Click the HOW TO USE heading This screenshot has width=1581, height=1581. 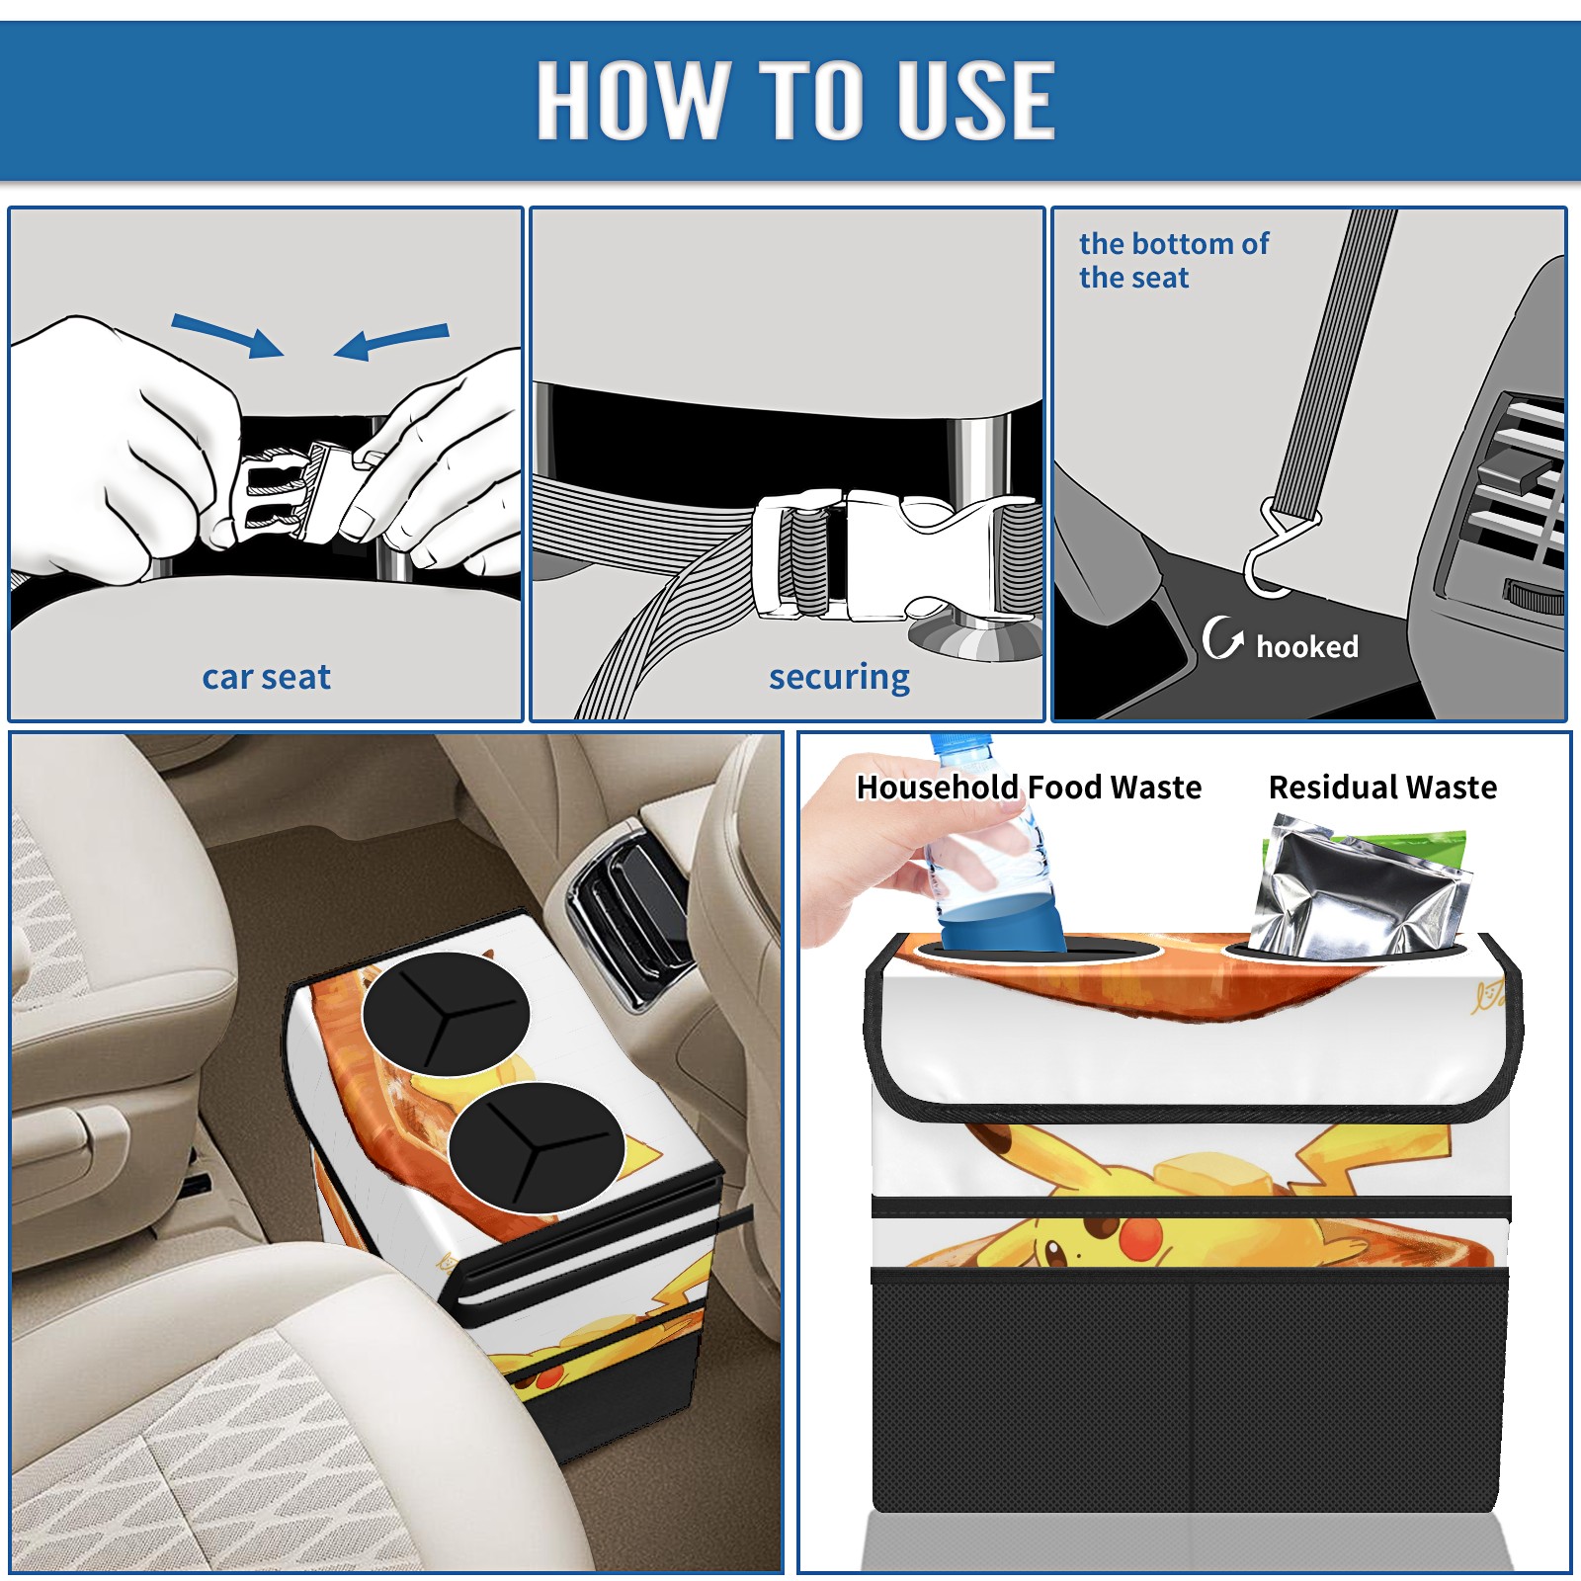click(795, 99)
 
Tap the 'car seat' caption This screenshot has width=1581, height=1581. click(266, 677)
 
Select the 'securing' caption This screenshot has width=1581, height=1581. click(839, 678)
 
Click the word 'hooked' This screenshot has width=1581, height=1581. click(1306, 646)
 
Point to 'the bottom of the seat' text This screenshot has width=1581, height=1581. click(1173, 260)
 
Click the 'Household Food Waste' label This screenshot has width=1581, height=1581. click(1029, 787)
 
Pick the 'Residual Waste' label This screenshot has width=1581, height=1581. click(1382, 787)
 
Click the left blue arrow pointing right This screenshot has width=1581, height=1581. click(227, 335)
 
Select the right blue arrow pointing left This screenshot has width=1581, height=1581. click(391, 341)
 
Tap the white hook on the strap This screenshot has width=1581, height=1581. click(1275, 553)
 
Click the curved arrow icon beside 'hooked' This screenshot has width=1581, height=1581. click(1221, 637)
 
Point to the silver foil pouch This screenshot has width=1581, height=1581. click(1359, 889)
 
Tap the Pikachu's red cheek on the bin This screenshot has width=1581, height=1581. click(1141, 1237)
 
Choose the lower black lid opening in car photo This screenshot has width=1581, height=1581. click(536, 1147)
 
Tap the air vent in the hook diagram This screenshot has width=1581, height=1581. click(1515, 494)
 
